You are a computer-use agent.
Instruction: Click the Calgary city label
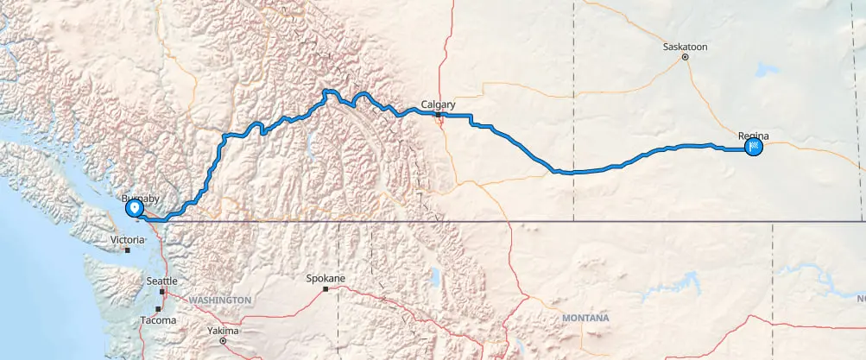pos(438,105)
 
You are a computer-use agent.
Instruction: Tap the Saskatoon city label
pos(685,47)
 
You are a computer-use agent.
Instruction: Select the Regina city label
pos(753,136)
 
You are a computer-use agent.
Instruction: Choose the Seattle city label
pos(161,281)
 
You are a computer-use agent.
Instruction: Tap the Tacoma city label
pos(158,320)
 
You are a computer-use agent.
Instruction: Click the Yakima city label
pos(223,331)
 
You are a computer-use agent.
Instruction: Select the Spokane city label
pos(326,279)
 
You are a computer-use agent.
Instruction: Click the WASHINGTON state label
pos(220,300)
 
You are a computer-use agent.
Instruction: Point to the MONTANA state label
pos(585,319)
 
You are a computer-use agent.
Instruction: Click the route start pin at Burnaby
pos(135,208)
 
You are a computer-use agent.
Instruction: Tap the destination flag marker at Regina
pos(754,148)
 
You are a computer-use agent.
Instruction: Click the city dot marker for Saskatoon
pos(685,58)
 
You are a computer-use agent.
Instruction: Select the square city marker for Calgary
pos(439,115)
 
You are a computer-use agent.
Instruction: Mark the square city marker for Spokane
pos(326,289)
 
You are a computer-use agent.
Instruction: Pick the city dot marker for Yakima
pos(223,341)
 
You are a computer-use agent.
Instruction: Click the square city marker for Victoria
pos(127,250)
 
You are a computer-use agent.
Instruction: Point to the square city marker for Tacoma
pos(158,309)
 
